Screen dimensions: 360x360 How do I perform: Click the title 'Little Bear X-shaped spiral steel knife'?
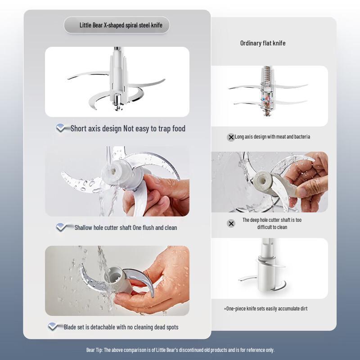tap(121, 25)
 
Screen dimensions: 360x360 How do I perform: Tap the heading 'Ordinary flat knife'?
tap(263, 43)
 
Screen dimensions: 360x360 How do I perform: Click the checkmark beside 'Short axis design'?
tap(61, 128)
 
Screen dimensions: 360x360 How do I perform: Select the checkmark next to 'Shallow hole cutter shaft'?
tap(62, 227)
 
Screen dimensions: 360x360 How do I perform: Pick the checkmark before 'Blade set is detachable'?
tap(53, 326)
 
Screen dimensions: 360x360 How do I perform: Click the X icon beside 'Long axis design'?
tap(231, 137)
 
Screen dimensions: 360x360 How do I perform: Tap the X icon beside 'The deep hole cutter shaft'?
tap(231, 223)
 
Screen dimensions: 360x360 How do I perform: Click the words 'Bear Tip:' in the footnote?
tap(94, 350)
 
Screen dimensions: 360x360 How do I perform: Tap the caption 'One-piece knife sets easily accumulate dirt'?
tap(265, 309)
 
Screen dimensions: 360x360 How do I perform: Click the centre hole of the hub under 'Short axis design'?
tap(113, 171)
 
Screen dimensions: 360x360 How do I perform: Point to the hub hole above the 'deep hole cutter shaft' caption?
tap(263, 181)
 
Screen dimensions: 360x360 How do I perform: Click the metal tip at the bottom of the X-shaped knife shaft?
tap(118, 107)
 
